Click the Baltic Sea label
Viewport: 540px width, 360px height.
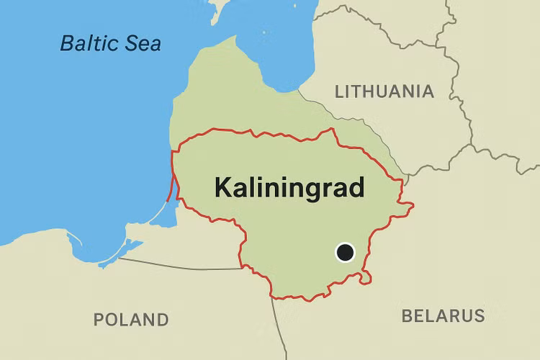pyautogui.click(x=110, y=42)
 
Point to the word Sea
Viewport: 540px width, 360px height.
pyautogui.click(x=143, y=42)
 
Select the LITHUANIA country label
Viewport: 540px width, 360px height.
pyautogui.click(x=384, y=91)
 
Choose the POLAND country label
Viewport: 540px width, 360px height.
pyautogui.click(x=131, y=319)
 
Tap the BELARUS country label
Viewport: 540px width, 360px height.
pyautogui.click(x=443, y=315)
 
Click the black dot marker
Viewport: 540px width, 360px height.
pyautogui.click(x=346, y=252)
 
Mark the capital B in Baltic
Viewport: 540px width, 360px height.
pyautogui.click(x=67, y=42)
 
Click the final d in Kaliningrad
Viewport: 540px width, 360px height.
pyautogui.click(x=356, y=187)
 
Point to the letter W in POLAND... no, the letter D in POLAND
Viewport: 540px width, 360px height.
pyautogui.click(x=162, y=319)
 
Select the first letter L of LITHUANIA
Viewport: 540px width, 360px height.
pyautogui.click(x=339, y=91)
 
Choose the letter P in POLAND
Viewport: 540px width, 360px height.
pyautogui.click(x=100, y=319)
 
